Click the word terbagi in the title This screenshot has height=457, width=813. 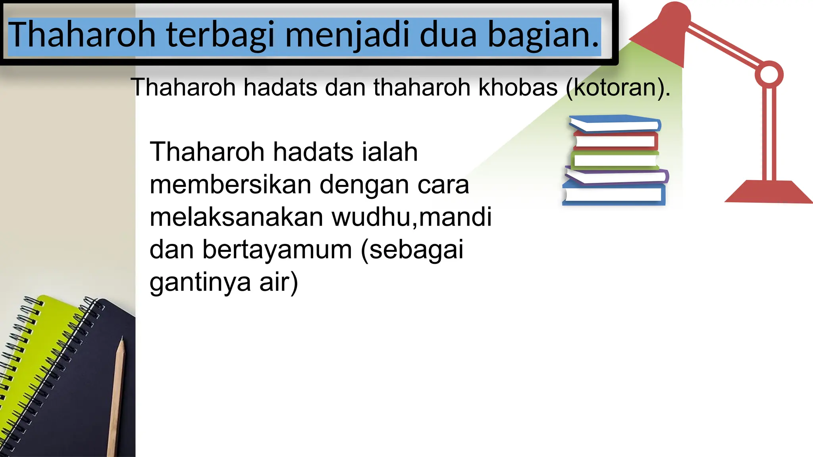(x=220, y=35)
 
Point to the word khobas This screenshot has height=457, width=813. (x=518, y=87)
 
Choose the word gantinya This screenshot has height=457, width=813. (x=200, y=282)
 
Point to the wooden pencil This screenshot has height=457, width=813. (x=117, y=397)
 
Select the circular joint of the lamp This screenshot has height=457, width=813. (x=769, y=74)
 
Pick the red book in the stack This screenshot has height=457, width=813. (x=615, y=141)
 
